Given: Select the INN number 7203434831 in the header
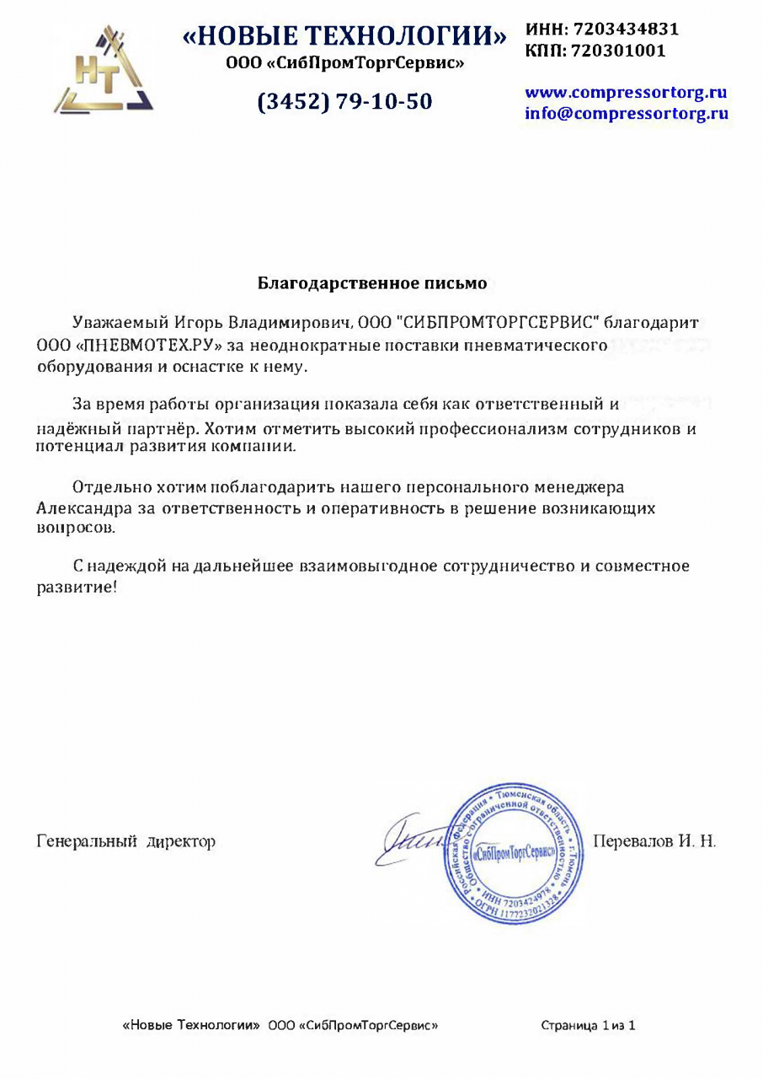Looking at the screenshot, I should [x=625, y=29].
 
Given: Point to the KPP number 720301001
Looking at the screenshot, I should [x=618, y=51].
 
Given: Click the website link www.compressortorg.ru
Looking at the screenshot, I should [x=626, y=93].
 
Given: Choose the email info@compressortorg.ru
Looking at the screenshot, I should [x=626, y=113].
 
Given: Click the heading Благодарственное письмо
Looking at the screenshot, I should [x=371, y=283].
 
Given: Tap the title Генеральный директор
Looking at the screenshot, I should [x=125, y=841].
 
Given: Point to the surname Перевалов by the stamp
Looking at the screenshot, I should [x=631, y=841].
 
